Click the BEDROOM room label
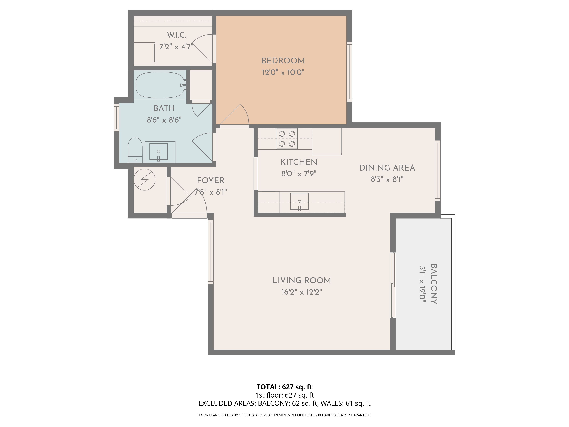click(283, 61)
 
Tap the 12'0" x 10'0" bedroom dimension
click(283, 72)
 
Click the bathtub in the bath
click(160, 85)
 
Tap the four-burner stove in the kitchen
click(286, 139)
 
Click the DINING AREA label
click(387, 168)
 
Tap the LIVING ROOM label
click(301, 280)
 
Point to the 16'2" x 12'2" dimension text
click(301, 292)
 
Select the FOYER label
click(210, 180)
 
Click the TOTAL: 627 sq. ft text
click(284, 387)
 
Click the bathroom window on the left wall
click(116, 117)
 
